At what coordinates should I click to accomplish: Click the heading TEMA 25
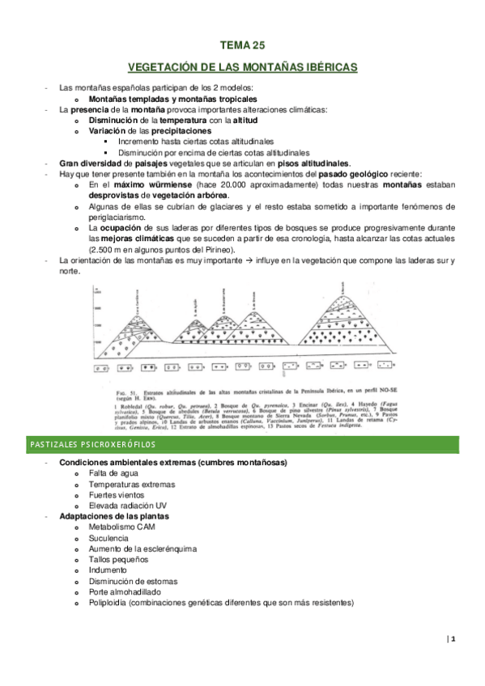[x=243, y=46]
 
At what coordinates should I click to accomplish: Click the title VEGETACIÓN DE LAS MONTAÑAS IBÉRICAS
[x=243, y=67]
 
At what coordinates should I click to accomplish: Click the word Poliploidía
[x=109, y=602]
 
